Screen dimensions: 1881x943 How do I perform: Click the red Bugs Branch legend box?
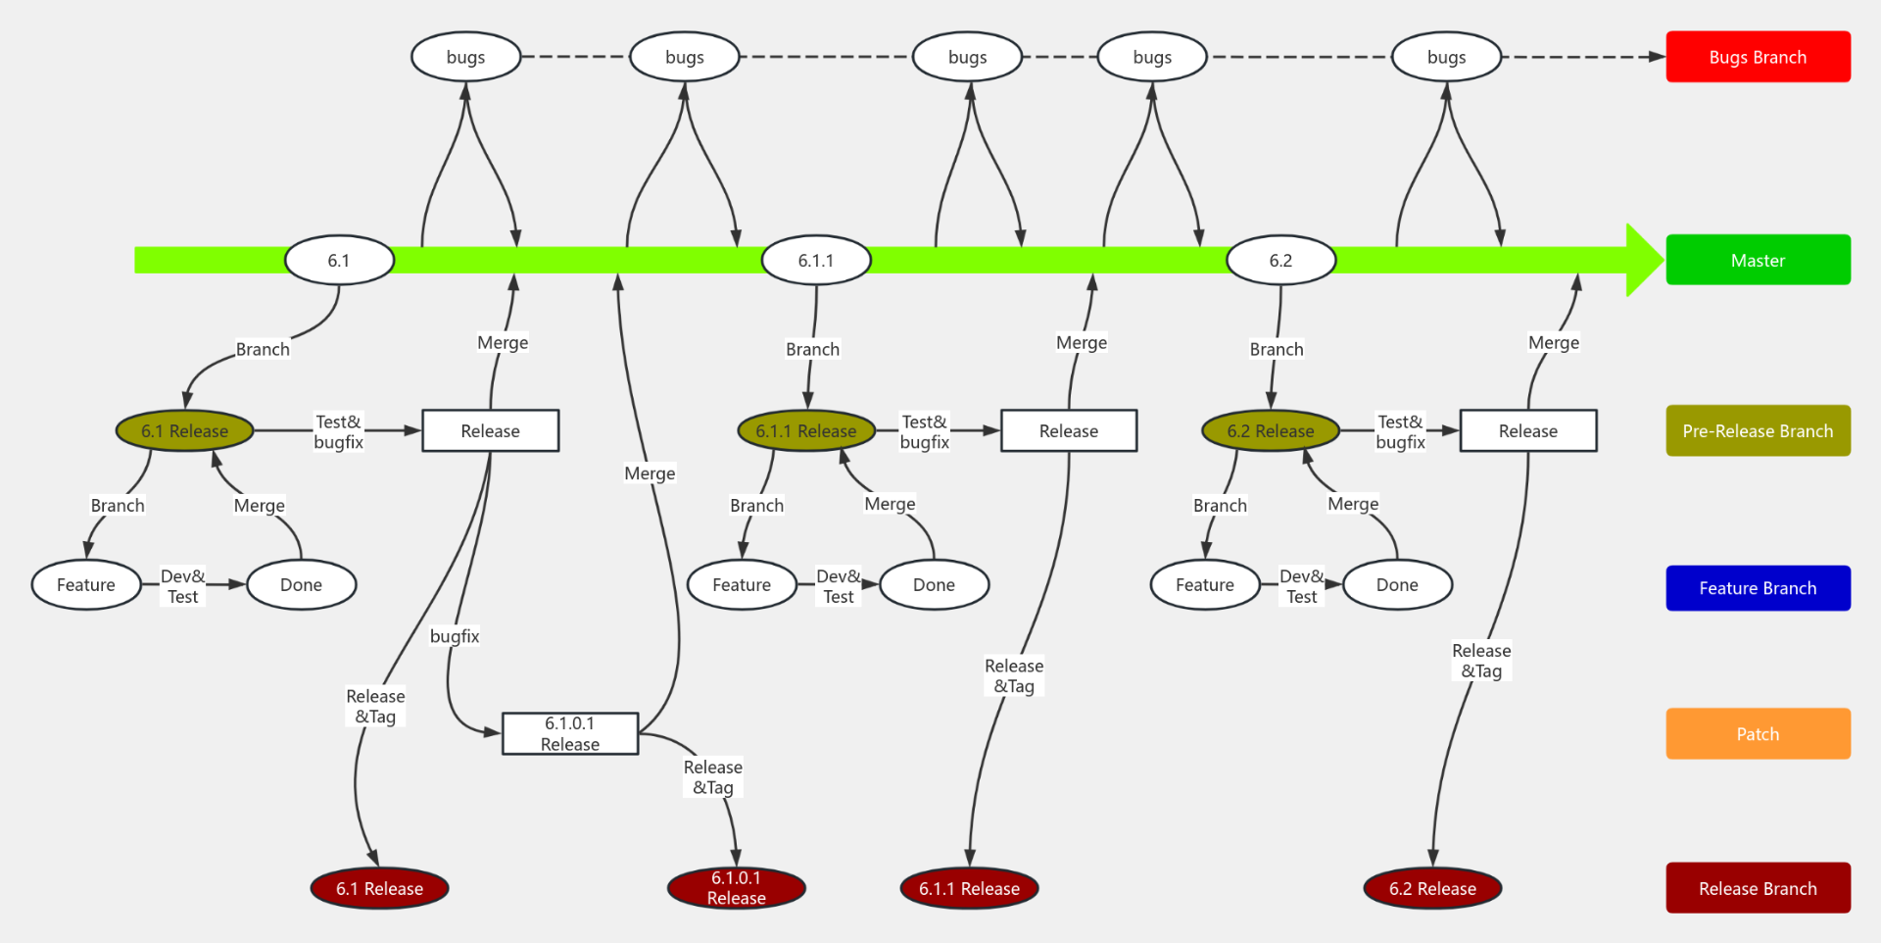(1758, 57)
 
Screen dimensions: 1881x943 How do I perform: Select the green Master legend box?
(1758, 260)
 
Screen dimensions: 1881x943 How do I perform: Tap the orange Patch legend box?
(1758, 733)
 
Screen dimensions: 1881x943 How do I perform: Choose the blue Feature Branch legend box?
(1758, 588)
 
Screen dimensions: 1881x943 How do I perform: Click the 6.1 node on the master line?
(339, 260)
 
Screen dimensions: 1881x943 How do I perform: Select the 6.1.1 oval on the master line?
(815, 261)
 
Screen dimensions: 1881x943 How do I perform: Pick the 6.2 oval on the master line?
(1280, 261)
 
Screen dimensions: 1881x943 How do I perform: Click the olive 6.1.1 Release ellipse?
(805, 430)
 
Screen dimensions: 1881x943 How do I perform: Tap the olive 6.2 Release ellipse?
(1271, 430)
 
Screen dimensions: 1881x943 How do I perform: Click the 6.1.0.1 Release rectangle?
(570, 733)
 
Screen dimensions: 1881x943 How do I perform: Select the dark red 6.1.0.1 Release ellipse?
(736, 888)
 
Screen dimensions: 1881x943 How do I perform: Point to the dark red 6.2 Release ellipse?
(1431, 888)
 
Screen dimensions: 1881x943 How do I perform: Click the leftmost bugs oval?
(465, 57)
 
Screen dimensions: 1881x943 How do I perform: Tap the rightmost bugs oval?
(1446, 57)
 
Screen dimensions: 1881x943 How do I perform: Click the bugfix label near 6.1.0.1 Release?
(455, 636)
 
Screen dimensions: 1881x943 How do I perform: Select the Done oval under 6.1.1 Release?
(934, 585)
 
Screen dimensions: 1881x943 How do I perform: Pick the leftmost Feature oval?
(86, 585)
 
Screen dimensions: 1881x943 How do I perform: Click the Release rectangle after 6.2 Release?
(1527, 430)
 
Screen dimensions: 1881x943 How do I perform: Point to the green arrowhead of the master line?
(1644, 260)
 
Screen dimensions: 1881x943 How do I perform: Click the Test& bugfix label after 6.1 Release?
(338, 431)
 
